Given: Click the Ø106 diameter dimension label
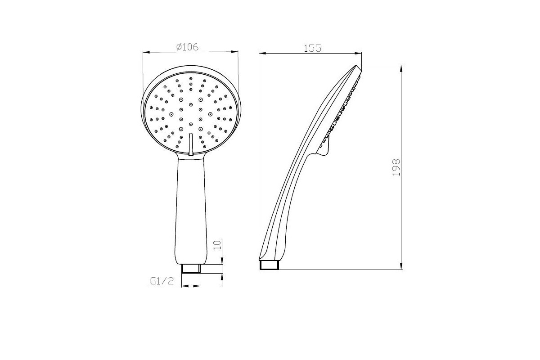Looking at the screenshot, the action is pos(187,47).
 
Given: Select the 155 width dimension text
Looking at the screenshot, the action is pos(312,48).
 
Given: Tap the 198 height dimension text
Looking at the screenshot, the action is pos(396,167).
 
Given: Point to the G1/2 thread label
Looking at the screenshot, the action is pos(162,281).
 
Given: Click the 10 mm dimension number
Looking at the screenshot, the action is pos(217,245).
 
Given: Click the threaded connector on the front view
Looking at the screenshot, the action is pos(191,268).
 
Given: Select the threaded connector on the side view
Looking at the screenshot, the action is pos(269,265).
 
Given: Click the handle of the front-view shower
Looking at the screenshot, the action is pos(191,210).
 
